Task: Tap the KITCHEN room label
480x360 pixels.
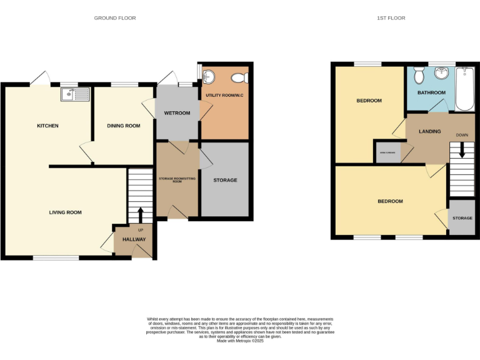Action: pos(47,126)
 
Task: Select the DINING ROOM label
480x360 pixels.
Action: pos(123,126)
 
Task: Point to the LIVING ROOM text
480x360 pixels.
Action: pos(66,212)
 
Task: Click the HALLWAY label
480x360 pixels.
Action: pos(134,239)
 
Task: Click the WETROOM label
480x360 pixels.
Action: pos(177,113)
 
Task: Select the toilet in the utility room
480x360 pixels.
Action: pos(239,79)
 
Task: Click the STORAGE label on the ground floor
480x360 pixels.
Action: pos(225,181)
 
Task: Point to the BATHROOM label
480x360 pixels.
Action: pos(431,93)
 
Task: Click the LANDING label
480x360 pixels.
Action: pos(429,131)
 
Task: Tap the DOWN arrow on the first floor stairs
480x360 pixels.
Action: pos(462,150)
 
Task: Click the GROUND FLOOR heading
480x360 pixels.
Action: pos(115,18)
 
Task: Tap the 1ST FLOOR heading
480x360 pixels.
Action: pos(391,18)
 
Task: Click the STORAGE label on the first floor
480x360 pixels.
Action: pos(462,218)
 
